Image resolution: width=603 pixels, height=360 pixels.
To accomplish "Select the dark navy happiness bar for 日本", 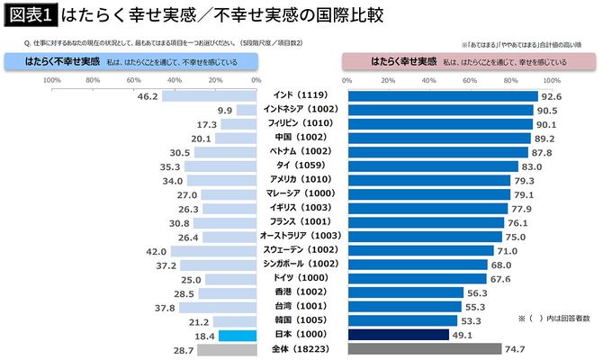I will tap(397, 335).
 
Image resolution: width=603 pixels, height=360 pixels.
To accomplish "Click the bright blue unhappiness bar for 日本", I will tap(237, 335).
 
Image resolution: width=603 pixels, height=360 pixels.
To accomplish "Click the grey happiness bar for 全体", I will tap(423, 348).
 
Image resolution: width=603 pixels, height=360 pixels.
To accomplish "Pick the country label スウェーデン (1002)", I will tap(301, 249).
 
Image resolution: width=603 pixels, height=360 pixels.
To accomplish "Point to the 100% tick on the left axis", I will tap(51, 80).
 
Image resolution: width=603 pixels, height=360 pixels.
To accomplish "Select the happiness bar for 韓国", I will tap(401, 320).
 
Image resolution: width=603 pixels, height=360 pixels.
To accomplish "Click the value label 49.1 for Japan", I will tap(463, 335).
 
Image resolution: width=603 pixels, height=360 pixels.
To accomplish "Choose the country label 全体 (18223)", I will tap(301, 348).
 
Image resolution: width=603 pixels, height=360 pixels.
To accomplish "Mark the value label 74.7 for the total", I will tap(516, 348).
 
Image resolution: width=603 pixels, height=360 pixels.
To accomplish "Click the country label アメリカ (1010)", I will tap(301, 180).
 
